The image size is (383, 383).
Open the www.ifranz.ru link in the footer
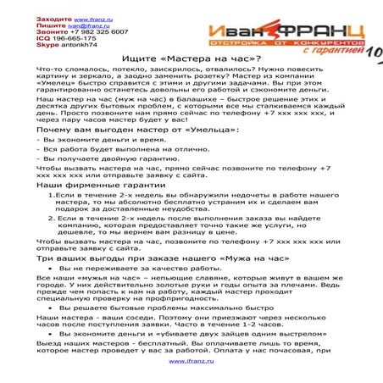click(x=191, y=361)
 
